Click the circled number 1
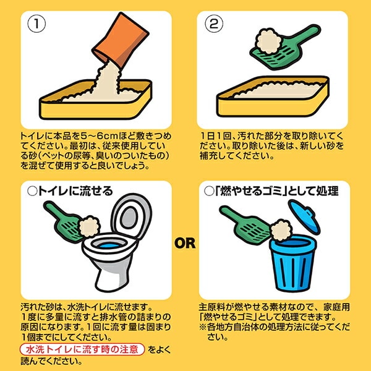36,23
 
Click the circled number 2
214,23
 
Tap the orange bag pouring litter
121,40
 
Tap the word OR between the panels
185,243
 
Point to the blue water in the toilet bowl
109,245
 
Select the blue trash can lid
304,216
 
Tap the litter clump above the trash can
281,231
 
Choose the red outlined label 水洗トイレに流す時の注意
82,349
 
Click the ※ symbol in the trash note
203,327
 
